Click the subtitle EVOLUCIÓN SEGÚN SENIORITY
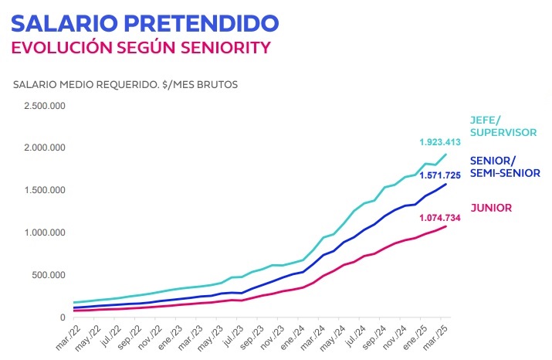(140, 47)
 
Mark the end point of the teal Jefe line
(446, 155)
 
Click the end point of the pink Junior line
(446, 226)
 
